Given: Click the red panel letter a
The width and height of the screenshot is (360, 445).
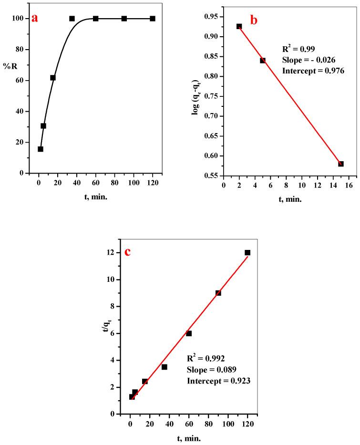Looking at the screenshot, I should point(34,19).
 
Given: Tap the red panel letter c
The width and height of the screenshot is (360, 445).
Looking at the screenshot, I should point(127,252).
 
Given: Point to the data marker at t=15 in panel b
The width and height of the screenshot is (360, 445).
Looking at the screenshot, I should point(341,164).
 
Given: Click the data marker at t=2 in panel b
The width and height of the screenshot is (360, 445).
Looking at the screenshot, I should point(239,27).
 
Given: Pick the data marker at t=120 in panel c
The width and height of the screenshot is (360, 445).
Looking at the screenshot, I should point(247,253).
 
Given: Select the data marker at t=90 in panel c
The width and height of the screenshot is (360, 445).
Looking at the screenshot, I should point(218,293).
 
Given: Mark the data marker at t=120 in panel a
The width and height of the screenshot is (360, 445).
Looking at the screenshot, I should point(153,19).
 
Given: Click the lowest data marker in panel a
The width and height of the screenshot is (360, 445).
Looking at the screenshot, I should point(41,149).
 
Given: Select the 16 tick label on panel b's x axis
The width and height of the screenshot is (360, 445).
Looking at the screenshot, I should point(348,185).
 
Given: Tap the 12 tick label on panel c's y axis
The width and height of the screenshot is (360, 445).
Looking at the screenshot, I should point(110,253).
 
